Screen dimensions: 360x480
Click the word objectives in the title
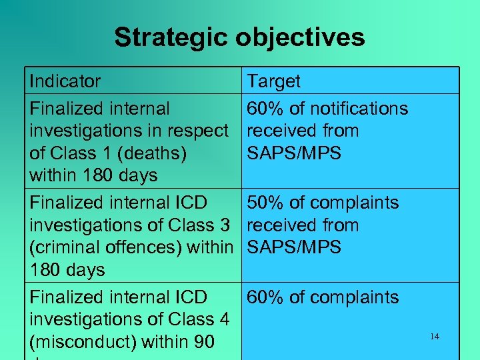coord(305,37)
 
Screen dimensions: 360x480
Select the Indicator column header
coord(65,81)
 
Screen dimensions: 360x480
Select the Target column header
coord(274,81)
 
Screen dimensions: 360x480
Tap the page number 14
coord(435,337)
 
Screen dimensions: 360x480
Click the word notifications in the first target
coord(359,108)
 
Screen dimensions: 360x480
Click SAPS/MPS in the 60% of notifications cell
coord(294,153)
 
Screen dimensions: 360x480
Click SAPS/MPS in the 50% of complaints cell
coord(294,248)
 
